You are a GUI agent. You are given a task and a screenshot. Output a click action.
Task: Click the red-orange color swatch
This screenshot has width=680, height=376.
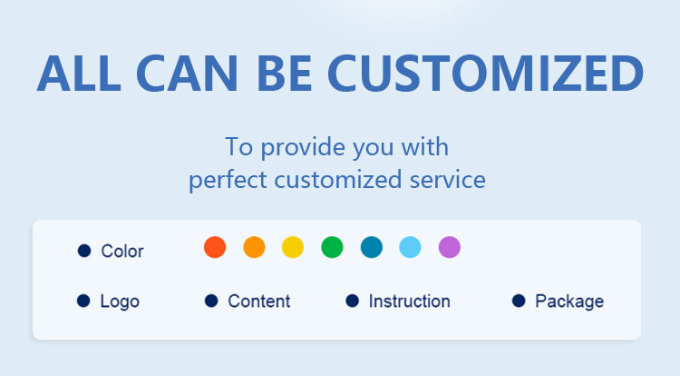coord(215,247)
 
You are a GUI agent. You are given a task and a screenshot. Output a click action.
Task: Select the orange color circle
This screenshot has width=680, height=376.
coord(254,247)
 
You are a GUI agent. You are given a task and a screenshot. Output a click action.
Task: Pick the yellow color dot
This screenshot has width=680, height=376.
coord(293,247)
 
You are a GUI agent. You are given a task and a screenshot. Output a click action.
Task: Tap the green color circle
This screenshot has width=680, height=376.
coord(332,247)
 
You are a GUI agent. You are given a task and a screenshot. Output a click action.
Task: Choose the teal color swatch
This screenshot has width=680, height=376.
coord(372,247)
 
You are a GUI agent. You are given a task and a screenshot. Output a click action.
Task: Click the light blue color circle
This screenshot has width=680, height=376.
coord(410,247)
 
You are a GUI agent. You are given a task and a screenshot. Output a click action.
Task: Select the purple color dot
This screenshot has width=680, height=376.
coord(450,247)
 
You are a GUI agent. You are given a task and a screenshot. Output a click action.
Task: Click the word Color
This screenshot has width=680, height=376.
coord(122,251)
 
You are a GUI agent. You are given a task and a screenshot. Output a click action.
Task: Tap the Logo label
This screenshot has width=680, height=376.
coord(120,302)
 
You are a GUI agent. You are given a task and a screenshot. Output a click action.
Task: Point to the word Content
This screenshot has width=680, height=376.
coord(259,301)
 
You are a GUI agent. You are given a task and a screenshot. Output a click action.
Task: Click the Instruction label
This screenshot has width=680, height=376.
coord(410,301)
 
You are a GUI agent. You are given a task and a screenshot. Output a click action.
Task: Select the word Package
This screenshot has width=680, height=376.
coord(569,302)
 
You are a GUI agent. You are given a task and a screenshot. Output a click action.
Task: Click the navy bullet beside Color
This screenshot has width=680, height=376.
coord(84,251)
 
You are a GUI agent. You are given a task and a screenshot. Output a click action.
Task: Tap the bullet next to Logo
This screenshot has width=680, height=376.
coord(83,301)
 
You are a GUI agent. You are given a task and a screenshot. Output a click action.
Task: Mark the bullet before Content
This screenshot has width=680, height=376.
coord(211,301)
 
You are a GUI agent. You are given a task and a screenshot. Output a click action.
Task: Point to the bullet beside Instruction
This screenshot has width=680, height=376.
coord(352,301)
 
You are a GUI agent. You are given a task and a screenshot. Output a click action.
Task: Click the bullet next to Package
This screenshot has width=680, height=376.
coord(519,301)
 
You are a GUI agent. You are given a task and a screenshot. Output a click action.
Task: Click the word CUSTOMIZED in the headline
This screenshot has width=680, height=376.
coord(486,73)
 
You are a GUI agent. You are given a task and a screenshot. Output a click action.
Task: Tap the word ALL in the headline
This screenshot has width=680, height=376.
coord(79,73)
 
